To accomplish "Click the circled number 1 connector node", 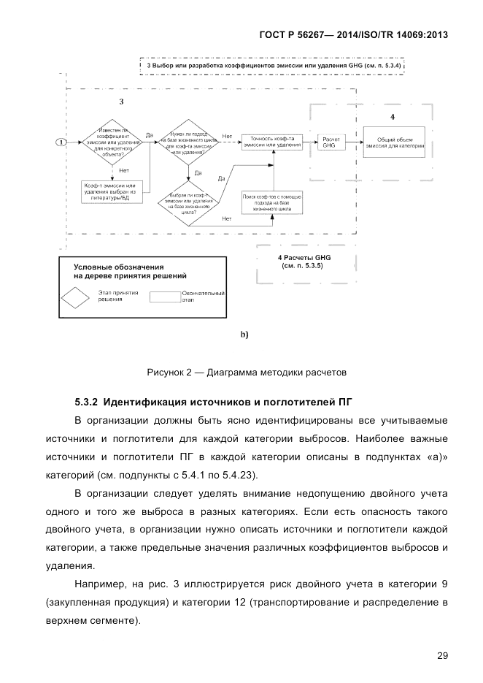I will pyautogui.click(x=63, y=141).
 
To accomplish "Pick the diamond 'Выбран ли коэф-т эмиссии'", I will pyautogui.click(x=188, y=202).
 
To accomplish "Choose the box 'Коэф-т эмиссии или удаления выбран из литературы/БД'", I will pyautogui.click(x=112, y=192).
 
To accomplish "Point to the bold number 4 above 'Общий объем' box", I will pyautogui.click(x=393, y=117).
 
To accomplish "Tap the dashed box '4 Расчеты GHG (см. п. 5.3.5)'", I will pyautogui.click(x=304, y=263).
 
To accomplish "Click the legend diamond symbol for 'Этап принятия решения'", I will pyautogui.click(x=79, y=298).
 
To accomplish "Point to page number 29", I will pyautogui.click(x=442, y=655).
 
